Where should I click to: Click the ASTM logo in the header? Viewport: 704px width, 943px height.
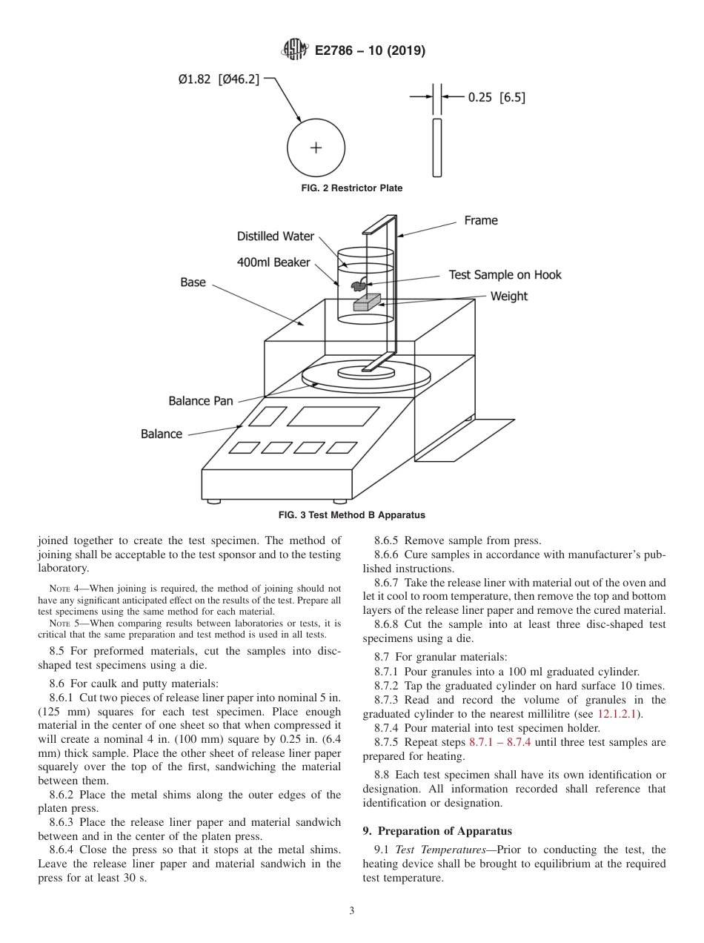(295, 50)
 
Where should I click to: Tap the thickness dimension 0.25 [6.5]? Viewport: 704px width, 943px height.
(497, 96)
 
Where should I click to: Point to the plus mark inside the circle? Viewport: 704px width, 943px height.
(316, 147)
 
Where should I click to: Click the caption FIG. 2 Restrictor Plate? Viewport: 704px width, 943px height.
(352, 188)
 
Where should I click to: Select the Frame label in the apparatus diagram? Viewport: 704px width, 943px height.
(481, 220)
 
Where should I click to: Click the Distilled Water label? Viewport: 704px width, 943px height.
(276, 236)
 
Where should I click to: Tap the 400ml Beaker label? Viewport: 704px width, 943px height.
(273, 262)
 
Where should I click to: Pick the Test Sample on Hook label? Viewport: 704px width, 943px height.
(505, 275)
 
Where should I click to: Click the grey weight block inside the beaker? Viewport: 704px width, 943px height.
(366, 303)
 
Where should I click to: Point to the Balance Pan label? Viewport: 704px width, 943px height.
(200, 401)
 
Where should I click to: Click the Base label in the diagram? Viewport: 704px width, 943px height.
(193, 282)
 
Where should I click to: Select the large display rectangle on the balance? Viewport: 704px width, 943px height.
(333, 417)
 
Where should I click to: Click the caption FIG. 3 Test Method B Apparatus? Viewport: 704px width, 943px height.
(351, 514)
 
